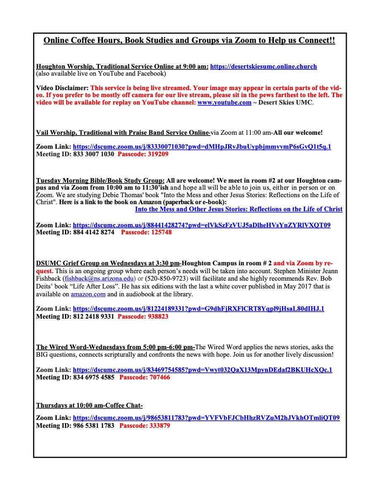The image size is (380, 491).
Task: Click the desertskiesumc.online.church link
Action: click(263, 67)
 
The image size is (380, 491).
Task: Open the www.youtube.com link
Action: click(224, 102)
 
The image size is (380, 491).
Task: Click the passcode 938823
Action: click(143, 317)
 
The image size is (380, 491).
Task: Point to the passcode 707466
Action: click(144, 377)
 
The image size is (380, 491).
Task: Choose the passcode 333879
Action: click(144, 425)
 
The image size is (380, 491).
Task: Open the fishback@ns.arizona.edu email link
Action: click(99, 279)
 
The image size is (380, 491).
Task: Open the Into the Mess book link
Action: click(238, 209)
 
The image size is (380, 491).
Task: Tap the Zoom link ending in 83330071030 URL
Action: click(202, 147)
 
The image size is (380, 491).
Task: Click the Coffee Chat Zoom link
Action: click(206, 418)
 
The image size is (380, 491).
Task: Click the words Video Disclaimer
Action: click(62, 88)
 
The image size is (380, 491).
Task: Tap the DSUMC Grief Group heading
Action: click(108, 263)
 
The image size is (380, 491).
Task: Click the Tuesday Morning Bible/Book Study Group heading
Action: click(100, 181)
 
